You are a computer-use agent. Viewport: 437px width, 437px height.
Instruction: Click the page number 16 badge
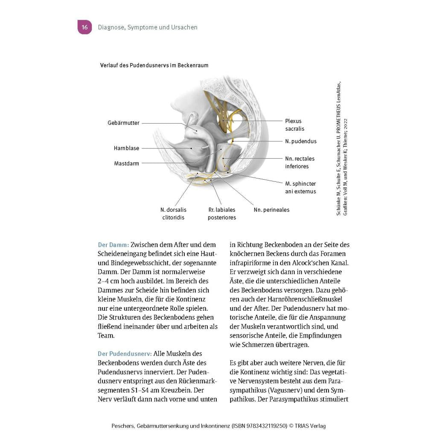pos(84,27)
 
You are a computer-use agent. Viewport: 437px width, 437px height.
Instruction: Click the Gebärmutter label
pos(123,123)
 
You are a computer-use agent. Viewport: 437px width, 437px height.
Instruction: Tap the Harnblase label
pos(126,149)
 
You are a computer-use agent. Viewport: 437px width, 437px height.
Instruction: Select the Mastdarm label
pos(126,163)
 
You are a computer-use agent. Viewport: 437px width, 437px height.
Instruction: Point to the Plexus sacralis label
pos(295,125)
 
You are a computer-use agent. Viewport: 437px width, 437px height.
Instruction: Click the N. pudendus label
pos(301,141)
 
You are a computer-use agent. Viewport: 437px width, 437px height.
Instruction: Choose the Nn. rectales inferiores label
pos(300,163)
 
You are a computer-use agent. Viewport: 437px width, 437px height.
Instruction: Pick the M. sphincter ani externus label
pos(300,187)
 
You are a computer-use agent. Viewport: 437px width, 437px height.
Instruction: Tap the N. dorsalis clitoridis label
pos(173,213)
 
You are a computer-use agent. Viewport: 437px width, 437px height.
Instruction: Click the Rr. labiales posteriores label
pos(222,213)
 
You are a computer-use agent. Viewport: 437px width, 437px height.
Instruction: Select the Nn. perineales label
pos(271,210)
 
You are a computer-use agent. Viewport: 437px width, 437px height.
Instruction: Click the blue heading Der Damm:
pos(113,245)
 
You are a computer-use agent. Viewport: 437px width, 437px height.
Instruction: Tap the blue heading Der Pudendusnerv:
pos(125,354)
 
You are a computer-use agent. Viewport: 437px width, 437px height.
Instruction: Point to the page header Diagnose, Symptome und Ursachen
pos(148,27)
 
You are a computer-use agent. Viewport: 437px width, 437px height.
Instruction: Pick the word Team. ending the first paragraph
pos(106,335)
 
